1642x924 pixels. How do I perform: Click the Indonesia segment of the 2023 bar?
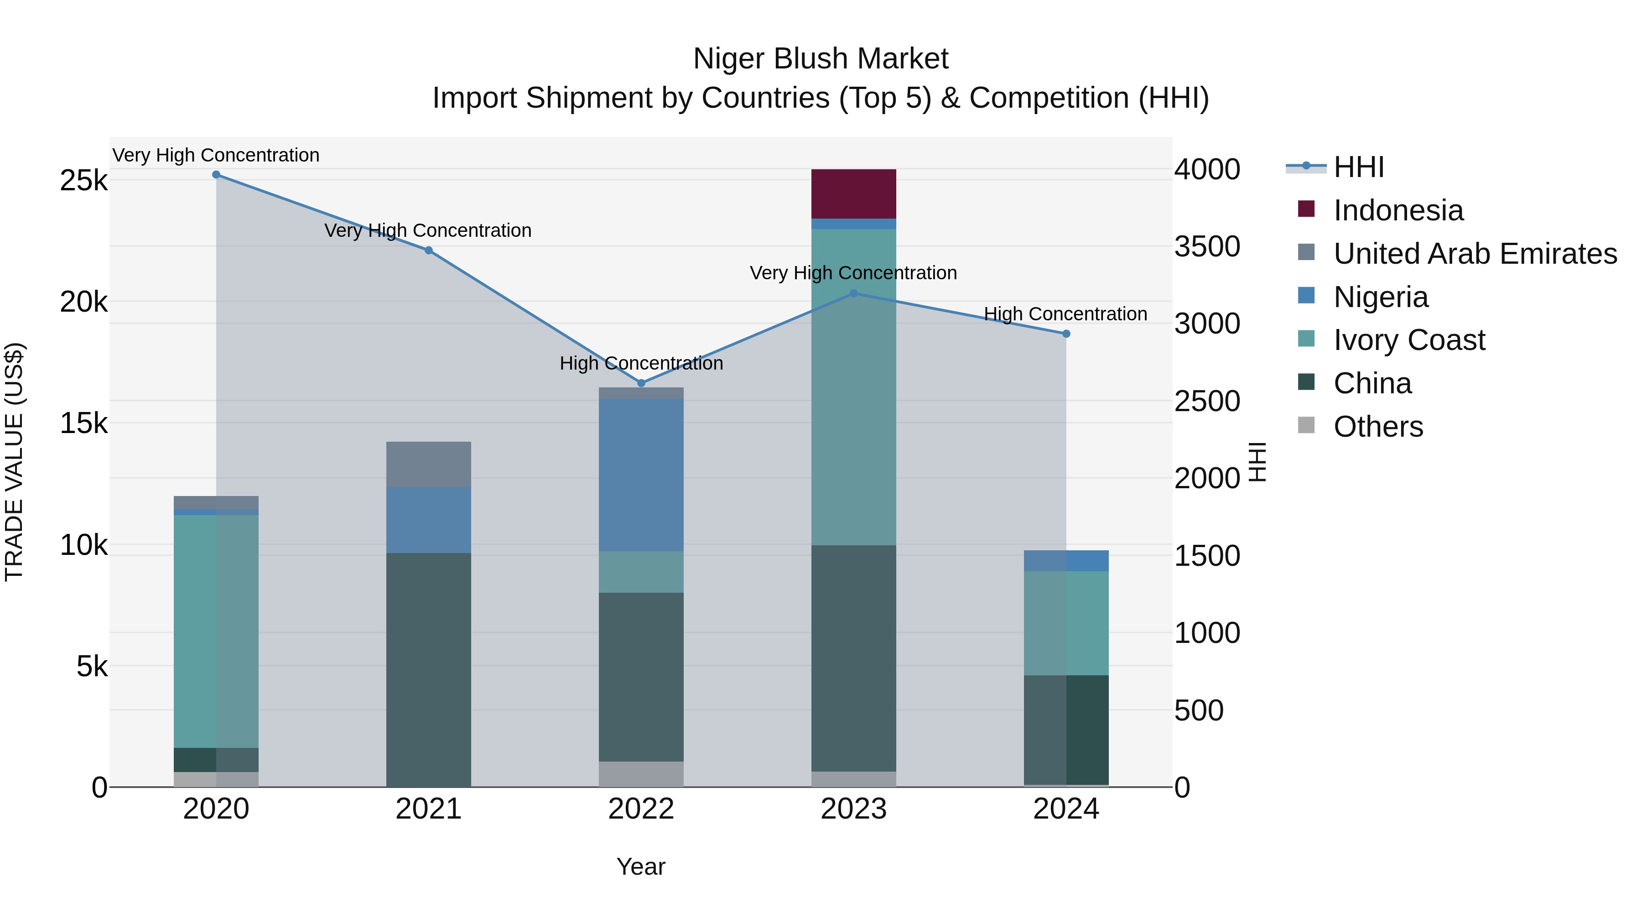[853, 194]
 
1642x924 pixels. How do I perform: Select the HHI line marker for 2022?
[641, 383]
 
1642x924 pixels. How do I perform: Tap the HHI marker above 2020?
[216, 175]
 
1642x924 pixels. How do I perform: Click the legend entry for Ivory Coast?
[1409, 340]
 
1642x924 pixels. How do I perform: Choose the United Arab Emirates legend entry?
[1474, 253]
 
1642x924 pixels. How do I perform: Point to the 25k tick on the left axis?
[83, 181]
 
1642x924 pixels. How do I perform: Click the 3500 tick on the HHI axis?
[1206, 247]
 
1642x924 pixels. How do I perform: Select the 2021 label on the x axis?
[428, 809]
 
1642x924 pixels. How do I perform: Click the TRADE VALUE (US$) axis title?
[14, 462]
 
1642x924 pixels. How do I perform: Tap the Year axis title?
[641, 867]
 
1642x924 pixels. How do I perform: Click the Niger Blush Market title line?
[821, 59]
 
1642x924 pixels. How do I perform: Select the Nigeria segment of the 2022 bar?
[641, 475]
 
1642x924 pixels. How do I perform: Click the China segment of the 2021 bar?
[428, 669]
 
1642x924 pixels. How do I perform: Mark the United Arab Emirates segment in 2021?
[428, 464]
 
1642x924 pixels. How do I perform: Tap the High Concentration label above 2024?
[1065, 314]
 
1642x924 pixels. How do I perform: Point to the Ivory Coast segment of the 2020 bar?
[216, 632]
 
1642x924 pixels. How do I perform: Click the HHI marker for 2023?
[853, 293]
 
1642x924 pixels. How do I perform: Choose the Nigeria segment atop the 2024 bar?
[1066, 560]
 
